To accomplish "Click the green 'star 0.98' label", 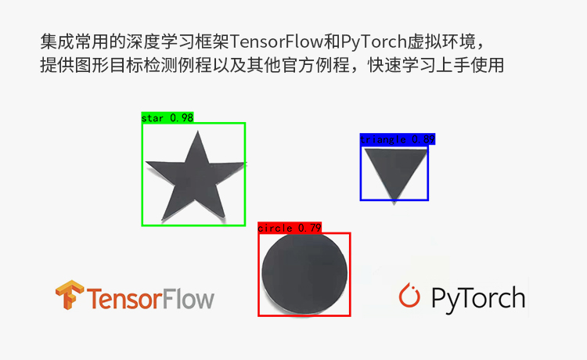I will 167,117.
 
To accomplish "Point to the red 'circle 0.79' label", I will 290,228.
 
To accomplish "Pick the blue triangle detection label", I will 397,139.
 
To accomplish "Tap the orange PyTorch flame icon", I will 410,296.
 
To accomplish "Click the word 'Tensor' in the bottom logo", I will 123,299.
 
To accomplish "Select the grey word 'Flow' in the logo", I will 188,299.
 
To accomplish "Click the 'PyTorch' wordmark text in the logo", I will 477,298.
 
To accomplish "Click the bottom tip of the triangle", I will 393,199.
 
